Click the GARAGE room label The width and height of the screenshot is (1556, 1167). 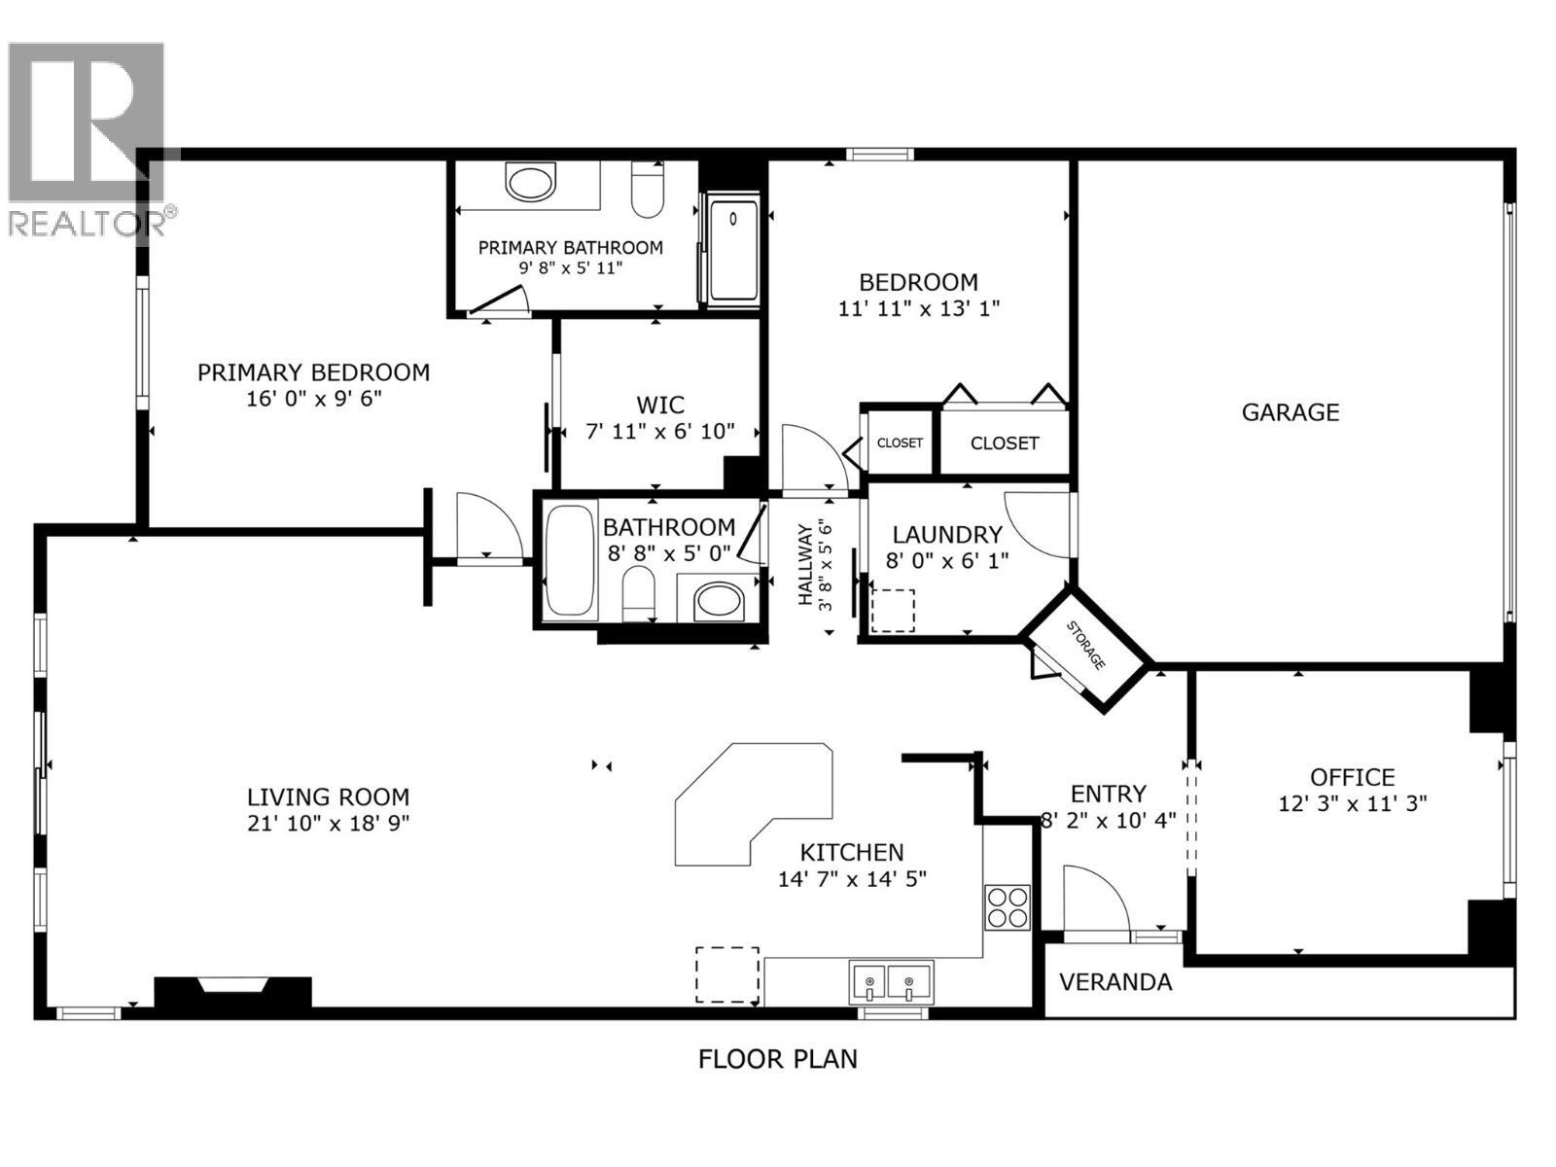[1290, 412]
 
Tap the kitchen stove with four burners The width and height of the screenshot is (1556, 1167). [1007, 906]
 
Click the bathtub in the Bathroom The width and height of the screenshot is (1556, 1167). [570, 561]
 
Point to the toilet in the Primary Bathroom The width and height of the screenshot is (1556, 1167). [647, 189]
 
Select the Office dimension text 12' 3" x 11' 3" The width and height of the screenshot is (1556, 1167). [1352, 804]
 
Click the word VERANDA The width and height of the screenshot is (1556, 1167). [1114, 982]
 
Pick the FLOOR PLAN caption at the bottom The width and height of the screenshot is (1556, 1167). [778, 1059]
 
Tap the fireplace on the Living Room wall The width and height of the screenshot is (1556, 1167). [232, 991]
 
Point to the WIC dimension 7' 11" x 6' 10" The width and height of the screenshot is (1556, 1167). [659, 431]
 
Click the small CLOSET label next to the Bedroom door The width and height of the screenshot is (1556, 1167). [900, 442]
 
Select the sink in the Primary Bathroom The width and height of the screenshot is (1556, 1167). [530, 183]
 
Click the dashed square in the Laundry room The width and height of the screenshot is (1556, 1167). [892, 611]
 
